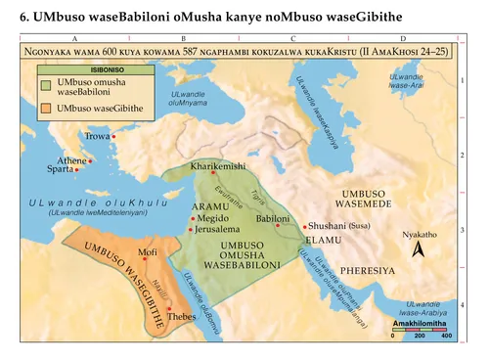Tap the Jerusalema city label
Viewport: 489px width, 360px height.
click(x=218, y=229)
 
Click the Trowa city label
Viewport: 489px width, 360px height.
click(x=97, y=137)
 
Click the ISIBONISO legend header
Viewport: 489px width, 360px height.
click(x=80, y=70)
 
